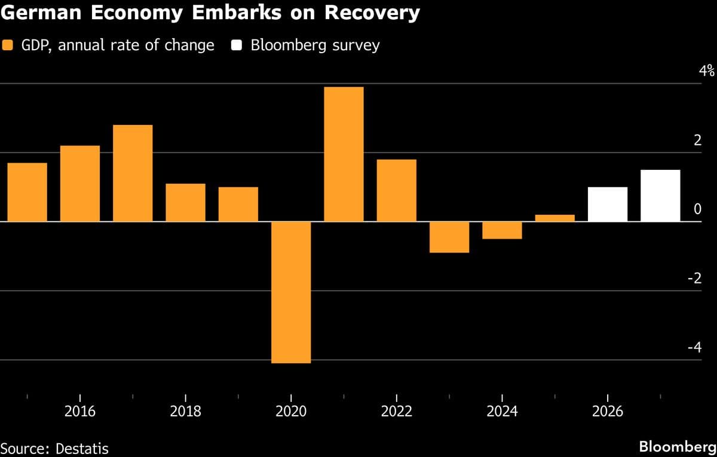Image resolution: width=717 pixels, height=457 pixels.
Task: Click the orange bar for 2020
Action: pyautogui.click(x=291, y=293)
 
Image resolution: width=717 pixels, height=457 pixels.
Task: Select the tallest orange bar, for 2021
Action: pyautogui.click(x=344, y=154)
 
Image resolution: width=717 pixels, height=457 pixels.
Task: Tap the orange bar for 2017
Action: pyautogui.click(x=133, y=173)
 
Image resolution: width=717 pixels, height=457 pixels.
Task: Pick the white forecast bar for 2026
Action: pyautogui.click(x=608, y=205)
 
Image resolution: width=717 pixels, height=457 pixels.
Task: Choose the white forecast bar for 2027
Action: pyautogui.click(x=660, y=196)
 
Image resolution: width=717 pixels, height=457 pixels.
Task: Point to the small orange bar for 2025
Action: pyautogui.click(x=554, y=218)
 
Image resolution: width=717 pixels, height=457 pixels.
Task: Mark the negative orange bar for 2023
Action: pyautogui.click(x=449, y=237)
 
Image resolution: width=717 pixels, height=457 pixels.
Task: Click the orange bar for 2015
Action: pyautogui.click(x=27, y=192)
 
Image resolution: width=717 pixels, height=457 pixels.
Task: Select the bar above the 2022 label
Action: pyautogui.click(x=396, y=190)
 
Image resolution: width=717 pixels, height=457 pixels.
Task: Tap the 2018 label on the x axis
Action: pyautogui.click(x=185, y=412)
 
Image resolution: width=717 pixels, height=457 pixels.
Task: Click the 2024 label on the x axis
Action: pyautogui.click(x=502, y=412)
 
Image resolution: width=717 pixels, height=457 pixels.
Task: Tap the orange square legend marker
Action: pyautogui.click(x=8, y=45)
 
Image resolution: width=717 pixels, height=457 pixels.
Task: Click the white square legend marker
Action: pyautogui.click(x=236, y=45)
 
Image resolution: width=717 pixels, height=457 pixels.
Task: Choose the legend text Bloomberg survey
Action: pyautogui.click(x=315, y=45)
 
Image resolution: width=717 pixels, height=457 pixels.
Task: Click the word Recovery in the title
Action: pyautogui.click(x=370, y=13)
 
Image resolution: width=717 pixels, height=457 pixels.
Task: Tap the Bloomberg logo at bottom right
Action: pyautogui.click(x=677, y=447)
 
